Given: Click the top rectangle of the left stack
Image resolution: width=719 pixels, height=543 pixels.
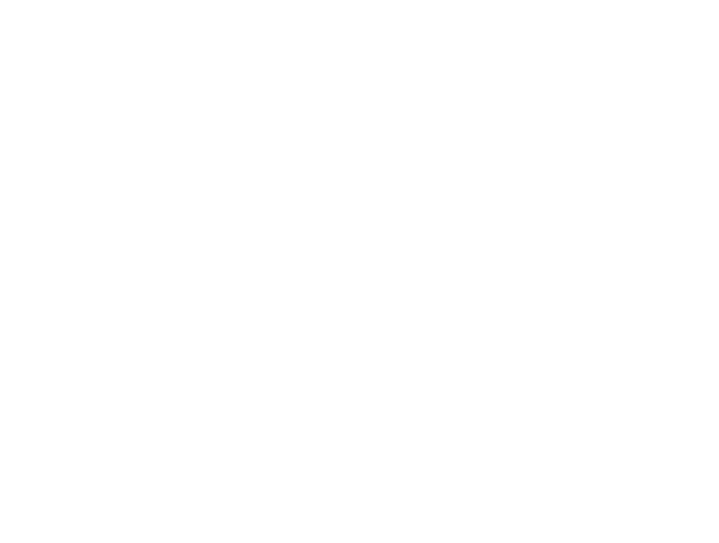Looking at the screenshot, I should [x=149, y=109].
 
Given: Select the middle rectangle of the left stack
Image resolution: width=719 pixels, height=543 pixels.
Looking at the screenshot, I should [x=149, y=178].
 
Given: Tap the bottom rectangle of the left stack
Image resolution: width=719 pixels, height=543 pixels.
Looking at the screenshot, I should [x=149, y=246].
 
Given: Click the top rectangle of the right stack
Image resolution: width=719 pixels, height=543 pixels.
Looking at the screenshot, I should [x=651, y=294].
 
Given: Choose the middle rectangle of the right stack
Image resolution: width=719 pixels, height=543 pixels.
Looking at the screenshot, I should [x=651, y=362].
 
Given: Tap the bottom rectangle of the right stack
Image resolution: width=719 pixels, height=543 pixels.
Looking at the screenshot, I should [x=651, y=430].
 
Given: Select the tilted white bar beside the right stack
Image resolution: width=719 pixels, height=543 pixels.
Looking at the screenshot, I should [x=510, y=357].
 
